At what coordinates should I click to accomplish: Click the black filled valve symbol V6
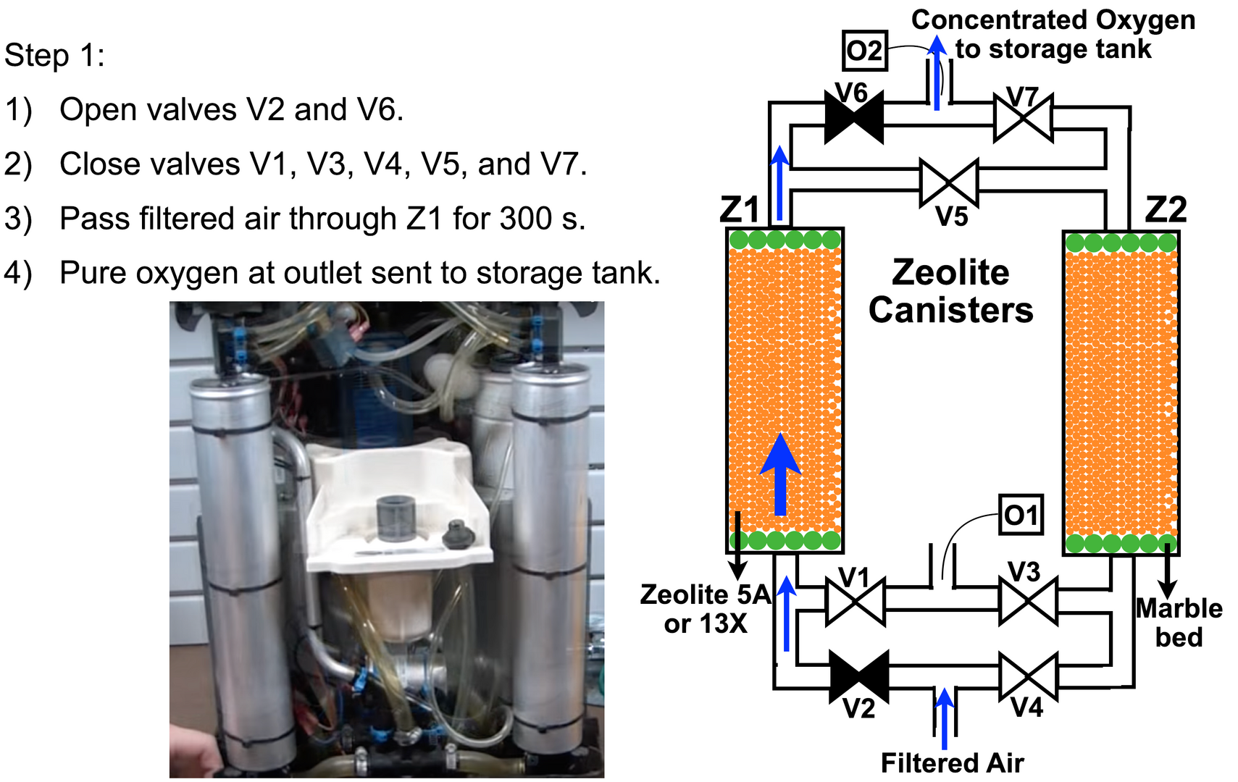tap(854, 117)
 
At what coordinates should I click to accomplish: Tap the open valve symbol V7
tap(1023, 117)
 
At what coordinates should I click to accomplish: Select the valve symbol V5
tap(949, 182)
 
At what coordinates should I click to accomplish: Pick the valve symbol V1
tap(855, 602)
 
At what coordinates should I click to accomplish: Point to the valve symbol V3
tap(1028, 602)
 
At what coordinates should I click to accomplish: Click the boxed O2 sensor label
tap(864, 51)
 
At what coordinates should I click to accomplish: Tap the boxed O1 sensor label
tap(1021, 515)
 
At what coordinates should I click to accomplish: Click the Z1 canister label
tap(740, 209)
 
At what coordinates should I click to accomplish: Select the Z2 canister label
tap(1166, 209)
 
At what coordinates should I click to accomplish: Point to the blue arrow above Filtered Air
tap(944, 717)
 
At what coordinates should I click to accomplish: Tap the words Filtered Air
tap(952, 762)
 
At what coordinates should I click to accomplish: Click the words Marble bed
tap(1179, 623)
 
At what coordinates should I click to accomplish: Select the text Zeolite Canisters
tap(950, 291)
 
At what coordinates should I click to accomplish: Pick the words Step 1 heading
tap(54, 55)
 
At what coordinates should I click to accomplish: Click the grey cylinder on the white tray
tap(396, 518)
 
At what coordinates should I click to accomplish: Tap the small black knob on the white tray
tap(458, 534)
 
